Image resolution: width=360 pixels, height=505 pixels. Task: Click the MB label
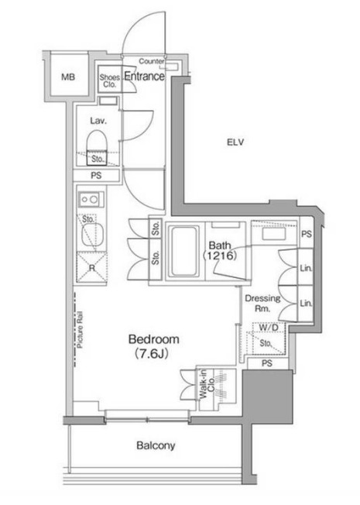(x=68, y=77)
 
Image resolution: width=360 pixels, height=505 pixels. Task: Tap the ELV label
(x=235, y=142)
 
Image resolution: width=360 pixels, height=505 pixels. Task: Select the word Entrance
(x=145, y=77)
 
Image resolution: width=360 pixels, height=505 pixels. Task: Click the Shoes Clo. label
(x=109, y=81)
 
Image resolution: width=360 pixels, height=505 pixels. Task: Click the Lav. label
(x=98, y=121)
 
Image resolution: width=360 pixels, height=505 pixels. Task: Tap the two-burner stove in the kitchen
(x=91, y=200)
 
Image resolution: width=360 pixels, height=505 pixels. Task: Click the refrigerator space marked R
(x=92, y=267)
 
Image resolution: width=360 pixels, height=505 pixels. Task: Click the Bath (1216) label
(x=220, y=251)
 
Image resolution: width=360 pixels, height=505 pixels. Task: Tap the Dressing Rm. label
(x=262, y=303)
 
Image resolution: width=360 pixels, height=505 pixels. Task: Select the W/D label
(x=269, y=328)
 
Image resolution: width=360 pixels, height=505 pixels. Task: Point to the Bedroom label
(x=153, y=339)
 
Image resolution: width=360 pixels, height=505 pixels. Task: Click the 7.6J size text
(x=151, y=354)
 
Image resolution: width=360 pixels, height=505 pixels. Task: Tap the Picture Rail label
(x=80, y=329)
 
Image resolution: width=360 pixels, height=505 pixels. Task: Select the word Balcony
(x=156, y=445)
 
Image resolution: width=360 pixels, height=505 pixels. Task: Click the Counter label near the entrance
(x=151, y=61)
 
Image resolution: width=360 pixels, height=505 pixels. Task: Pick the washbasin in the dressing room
(x=274, y=233)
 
